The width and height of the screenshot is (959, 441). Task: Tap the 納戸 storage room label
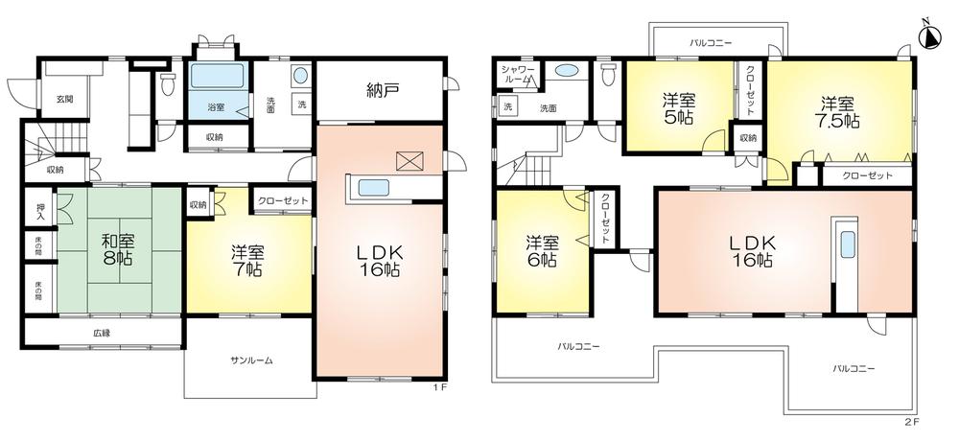382,93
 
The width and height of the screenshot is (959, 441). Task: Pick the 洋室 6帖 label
541,249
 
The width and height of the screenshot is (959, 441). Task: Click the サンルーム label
251,360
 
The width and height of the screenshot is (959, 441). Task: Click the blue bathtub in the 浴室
218,78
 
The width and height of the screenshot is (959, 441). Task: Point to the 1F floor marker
438,387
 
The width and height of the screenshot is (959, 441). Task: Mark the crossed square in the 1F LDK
409,161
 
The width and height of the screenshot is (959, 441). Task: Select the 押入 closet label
40,210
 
